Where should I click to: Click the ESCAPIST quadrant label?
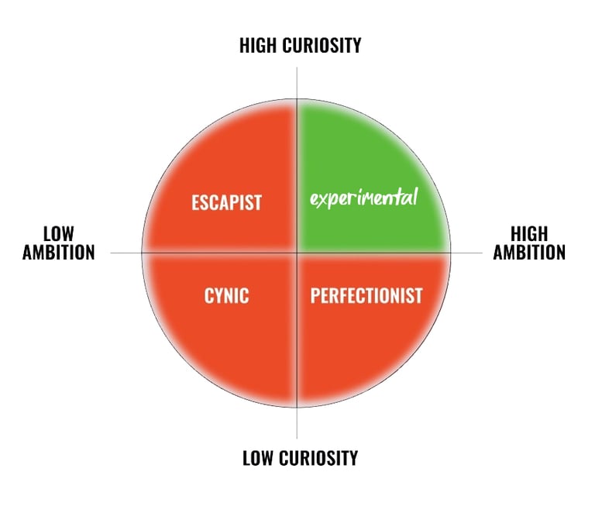pyautogui.click(x=226, y=203)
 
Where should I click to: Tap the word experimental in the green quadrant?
pyautogui.click(x=363, y=198)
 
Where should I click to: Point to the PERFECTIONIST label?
pyautogui.click(x=366, y=295)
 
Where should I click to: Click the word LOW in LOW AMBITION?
pyautogui.click(x=58, y=233)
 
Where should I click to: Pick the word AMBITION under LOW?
pyautogui.click(x=58, y=252)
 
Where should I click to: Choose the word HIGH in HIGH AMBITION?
pyautogui.click(x=530, y=233)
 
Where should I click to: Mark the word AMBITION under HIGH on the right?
pyautogui.click(x=529, y=252)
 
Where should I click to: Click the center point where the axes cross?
pyautogui.click(x=297, y=253)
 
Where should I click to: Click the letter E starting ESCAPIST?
pyautogui.click(x=195, y=203)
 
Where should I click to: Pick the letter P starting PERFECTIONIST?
pyautogui.click(x=315, y=295)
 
